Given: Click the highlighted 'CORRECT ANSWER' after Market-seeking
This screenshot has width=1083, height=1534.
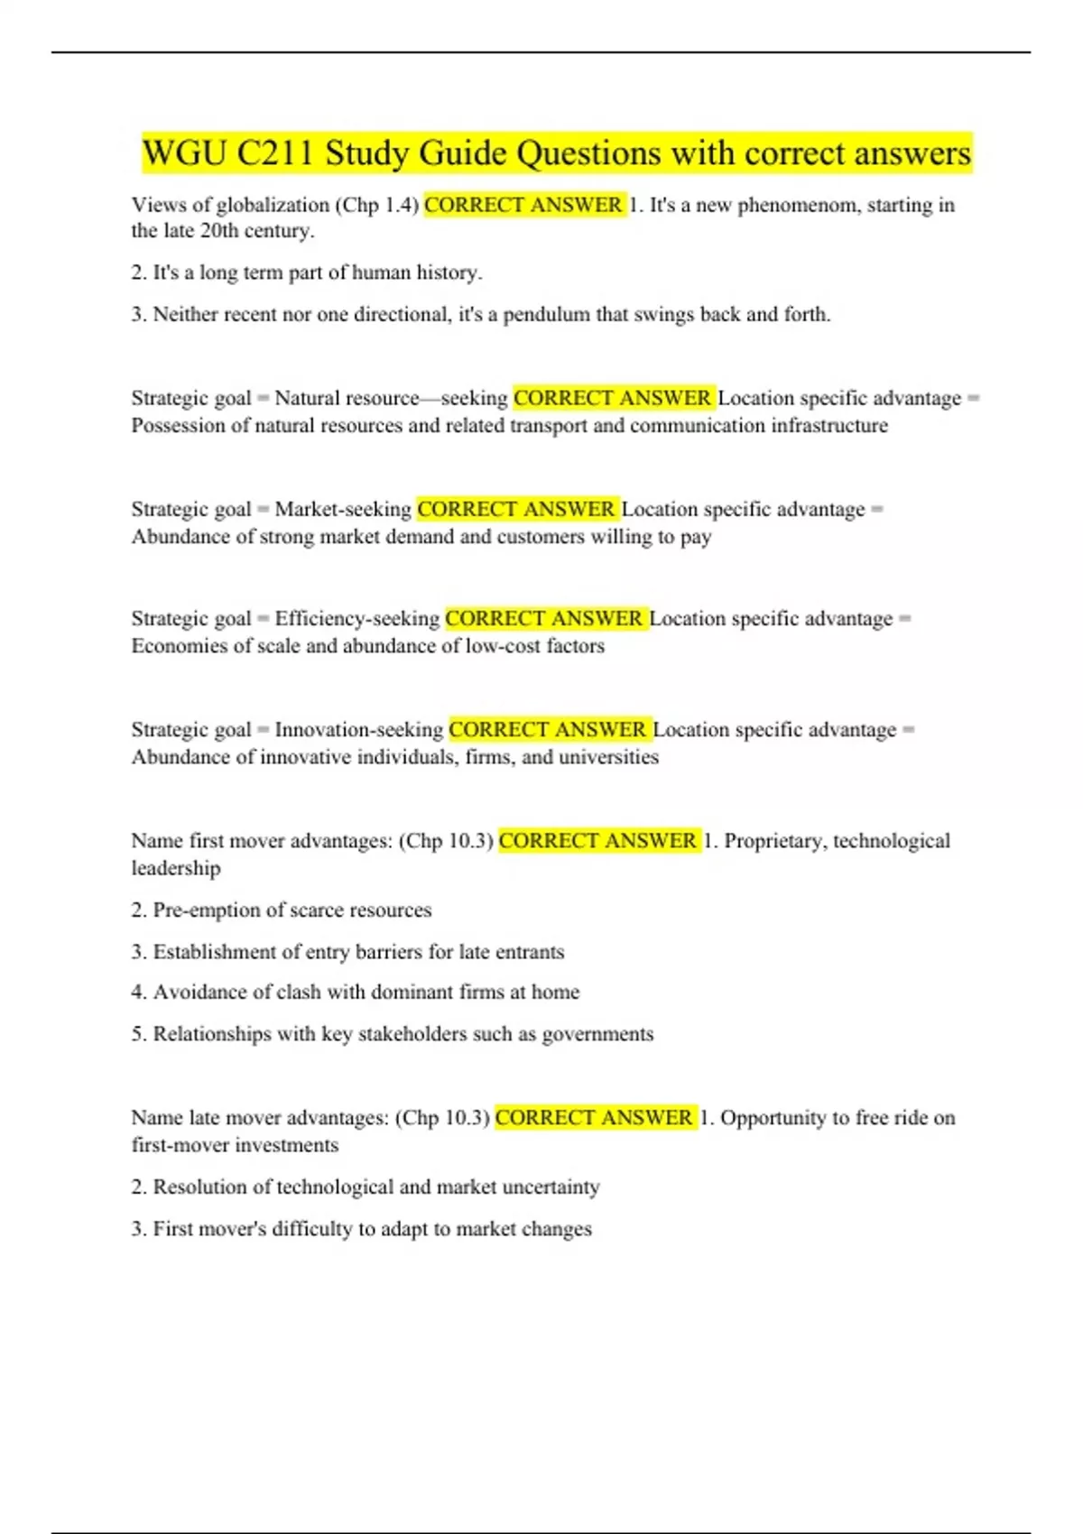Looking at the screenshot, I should tap(516, 510).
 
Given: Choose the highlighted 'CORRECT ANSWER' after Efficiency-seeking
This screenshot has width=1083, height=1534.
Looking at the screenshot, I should tap(544, 619).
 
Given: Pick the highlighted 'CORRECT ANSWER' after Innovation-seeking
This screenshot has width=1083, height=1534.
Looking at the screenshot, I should tap(548, 730).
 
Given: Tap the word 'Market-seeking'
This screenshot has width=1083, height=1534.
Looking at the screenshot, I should tap(343, 510).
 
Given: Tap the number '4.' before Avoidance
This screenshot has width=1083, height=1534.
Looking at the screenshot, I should tap(139, 993).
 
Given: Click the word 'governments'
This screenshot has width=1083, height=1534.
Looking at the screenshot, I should tap(597, 1034).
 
